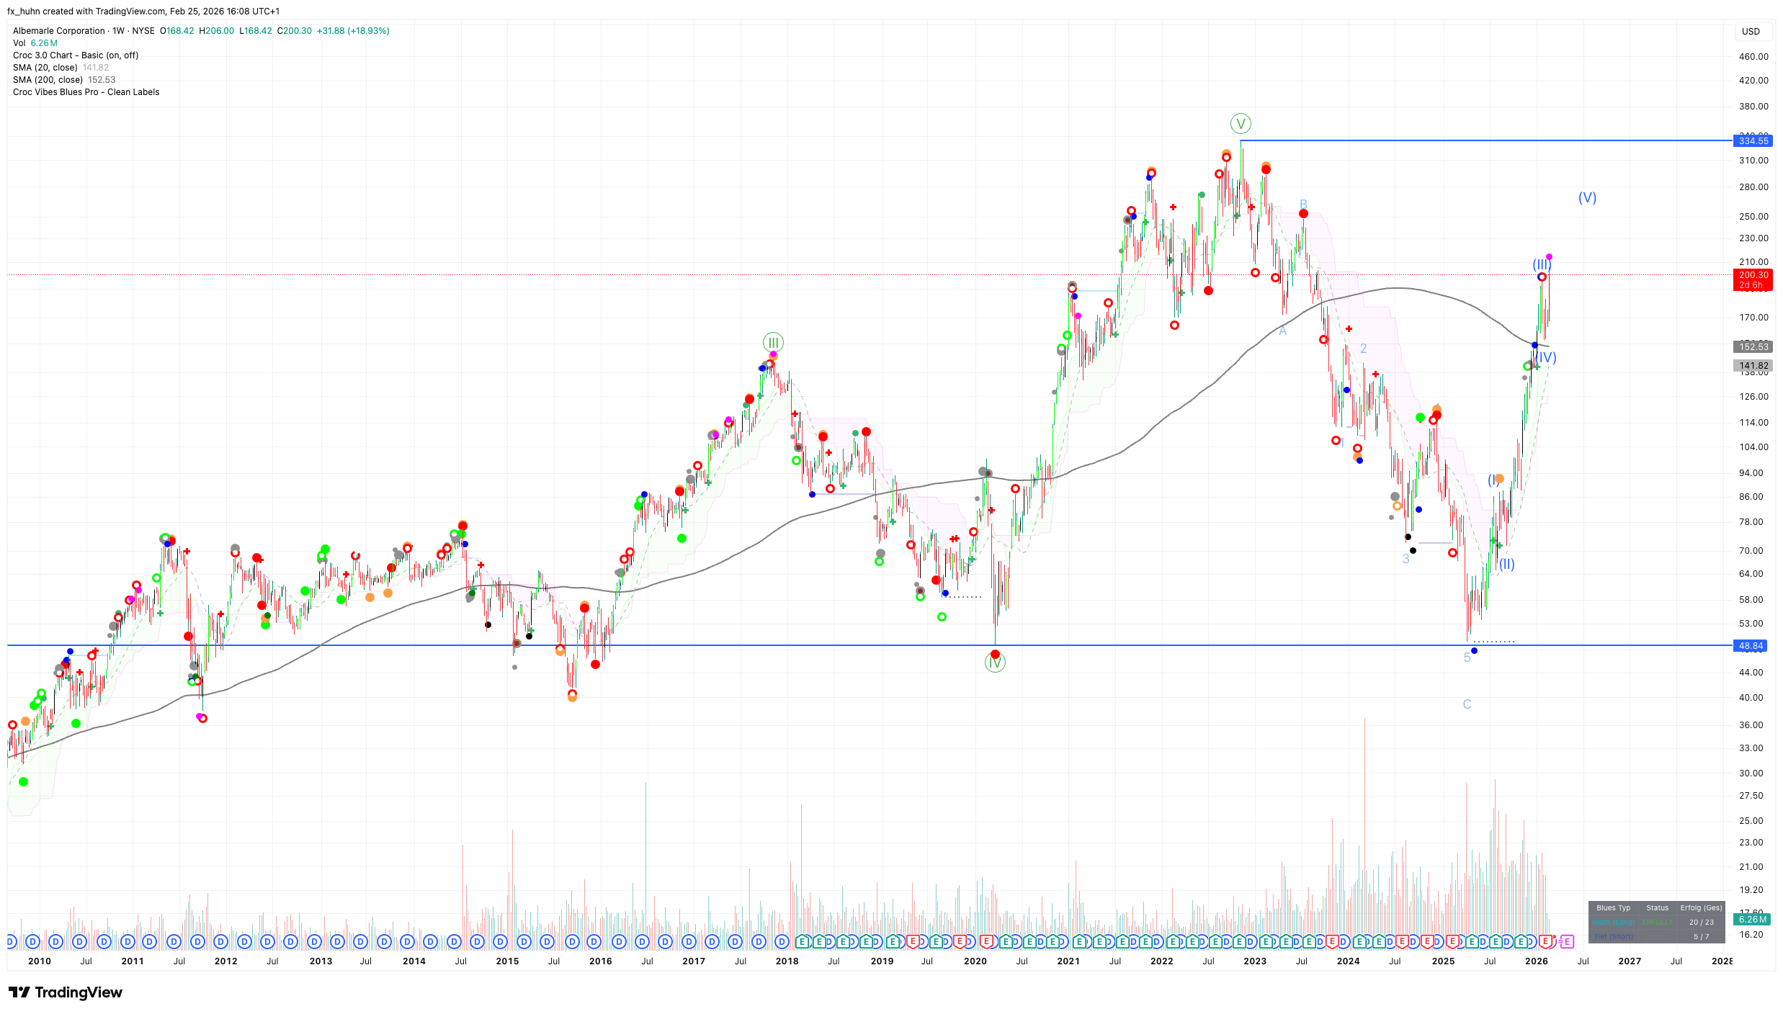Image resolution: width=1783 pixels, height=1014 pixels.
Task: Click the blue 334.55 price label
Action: pos(1753,140)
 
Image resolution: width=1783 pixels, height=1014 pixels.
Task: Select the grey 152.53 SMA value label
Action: pos(1753,347)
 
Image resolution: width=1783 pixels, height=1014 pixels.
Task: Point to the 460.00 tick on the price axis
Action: pos(1753,57)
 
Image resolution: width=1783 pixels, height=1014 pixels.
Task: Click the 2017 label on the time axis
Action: pos(693,961)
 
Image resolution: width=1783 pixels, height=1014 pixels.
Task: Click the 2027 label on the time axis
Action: pos(1630,961)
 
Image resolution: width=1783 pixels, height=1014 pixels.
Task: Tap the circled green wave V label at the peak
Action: pos(1241,124)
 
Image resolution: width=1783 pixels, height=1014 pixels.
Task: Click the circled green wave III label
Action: pos(773,343)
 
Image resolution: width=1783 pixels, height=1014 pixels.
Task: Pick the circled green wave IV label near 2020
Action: pos(995,663)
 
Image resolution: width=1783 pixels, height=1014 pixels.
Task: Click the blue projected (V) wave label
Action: pos(1587,197)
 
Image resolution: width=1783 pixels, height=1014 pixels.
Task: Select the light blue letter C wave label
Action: pos(1467,704)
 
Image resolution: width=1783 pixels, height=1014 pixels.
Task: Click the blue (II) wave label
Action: pos(1506,565)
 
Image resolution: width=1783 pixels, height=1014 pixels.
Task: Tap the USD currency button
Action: pos(1751,32)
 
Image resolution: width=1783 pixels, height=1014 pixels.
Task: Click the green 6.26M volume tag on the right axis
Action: pos(1752,920)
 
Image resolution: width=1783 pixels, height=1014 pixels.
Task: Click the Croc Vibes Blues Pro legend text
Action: pos(86,92)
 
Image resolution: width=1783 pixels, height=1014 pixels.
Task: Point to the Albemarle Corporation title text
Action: pos(59,31)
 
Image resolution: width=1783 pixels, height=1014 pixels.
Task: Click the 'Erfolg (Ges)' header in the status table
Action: pos(1701,908)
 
